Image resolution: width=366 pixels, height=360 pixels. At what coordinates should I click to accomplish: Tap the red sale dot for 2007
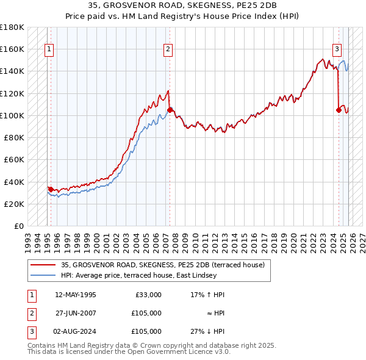170,110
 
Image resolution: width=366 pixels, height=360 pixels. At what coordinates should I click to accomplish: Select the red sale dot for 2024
339,110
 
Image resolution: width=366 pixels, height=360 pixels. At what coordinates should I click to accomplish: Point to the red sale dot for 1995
51,189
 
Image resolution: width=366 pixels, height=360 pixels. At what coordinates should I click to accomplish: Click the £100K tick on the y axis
12,115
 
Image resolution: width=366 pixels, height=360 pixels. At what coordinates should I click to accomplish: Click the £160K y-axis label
12,49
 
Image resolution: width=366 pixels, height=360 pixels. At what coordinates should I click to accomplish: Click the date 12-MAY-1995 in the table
75,295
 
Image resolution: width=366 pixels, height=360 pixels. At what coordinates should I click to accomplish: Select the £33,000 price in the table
148,295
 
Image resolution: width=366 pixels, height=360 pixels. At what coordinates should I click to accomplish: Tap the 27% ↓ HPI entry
207,331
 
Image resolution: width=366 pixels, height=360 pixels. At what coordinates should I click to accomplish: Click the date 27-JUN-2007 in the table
74,313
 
